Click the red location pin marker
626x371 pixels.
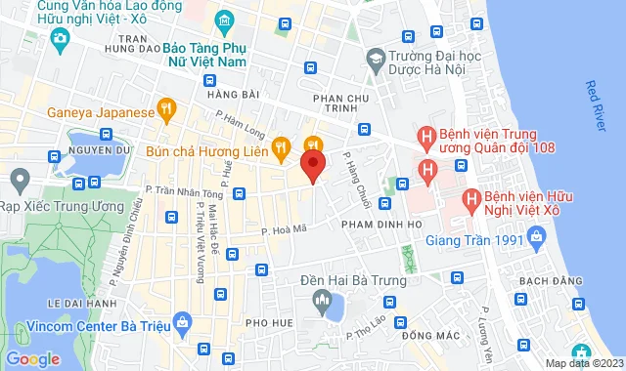[312, 163]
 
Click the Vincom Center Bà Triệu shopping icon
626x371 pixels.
[181, 320]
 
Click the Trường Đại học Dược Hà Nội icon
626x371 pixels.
[373, 59]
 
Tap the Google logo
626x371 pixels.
[33, 358]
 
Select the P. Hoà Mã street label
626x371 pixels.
[285, 229]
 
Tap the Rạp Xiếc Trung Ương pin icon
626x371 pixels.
[19, 180]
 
